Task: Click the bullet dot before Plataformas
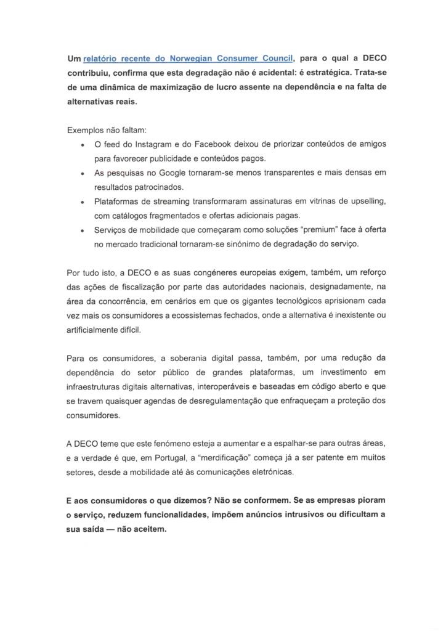click(82, 202)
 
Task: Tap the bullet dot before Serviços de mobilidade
click(82, 230)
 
